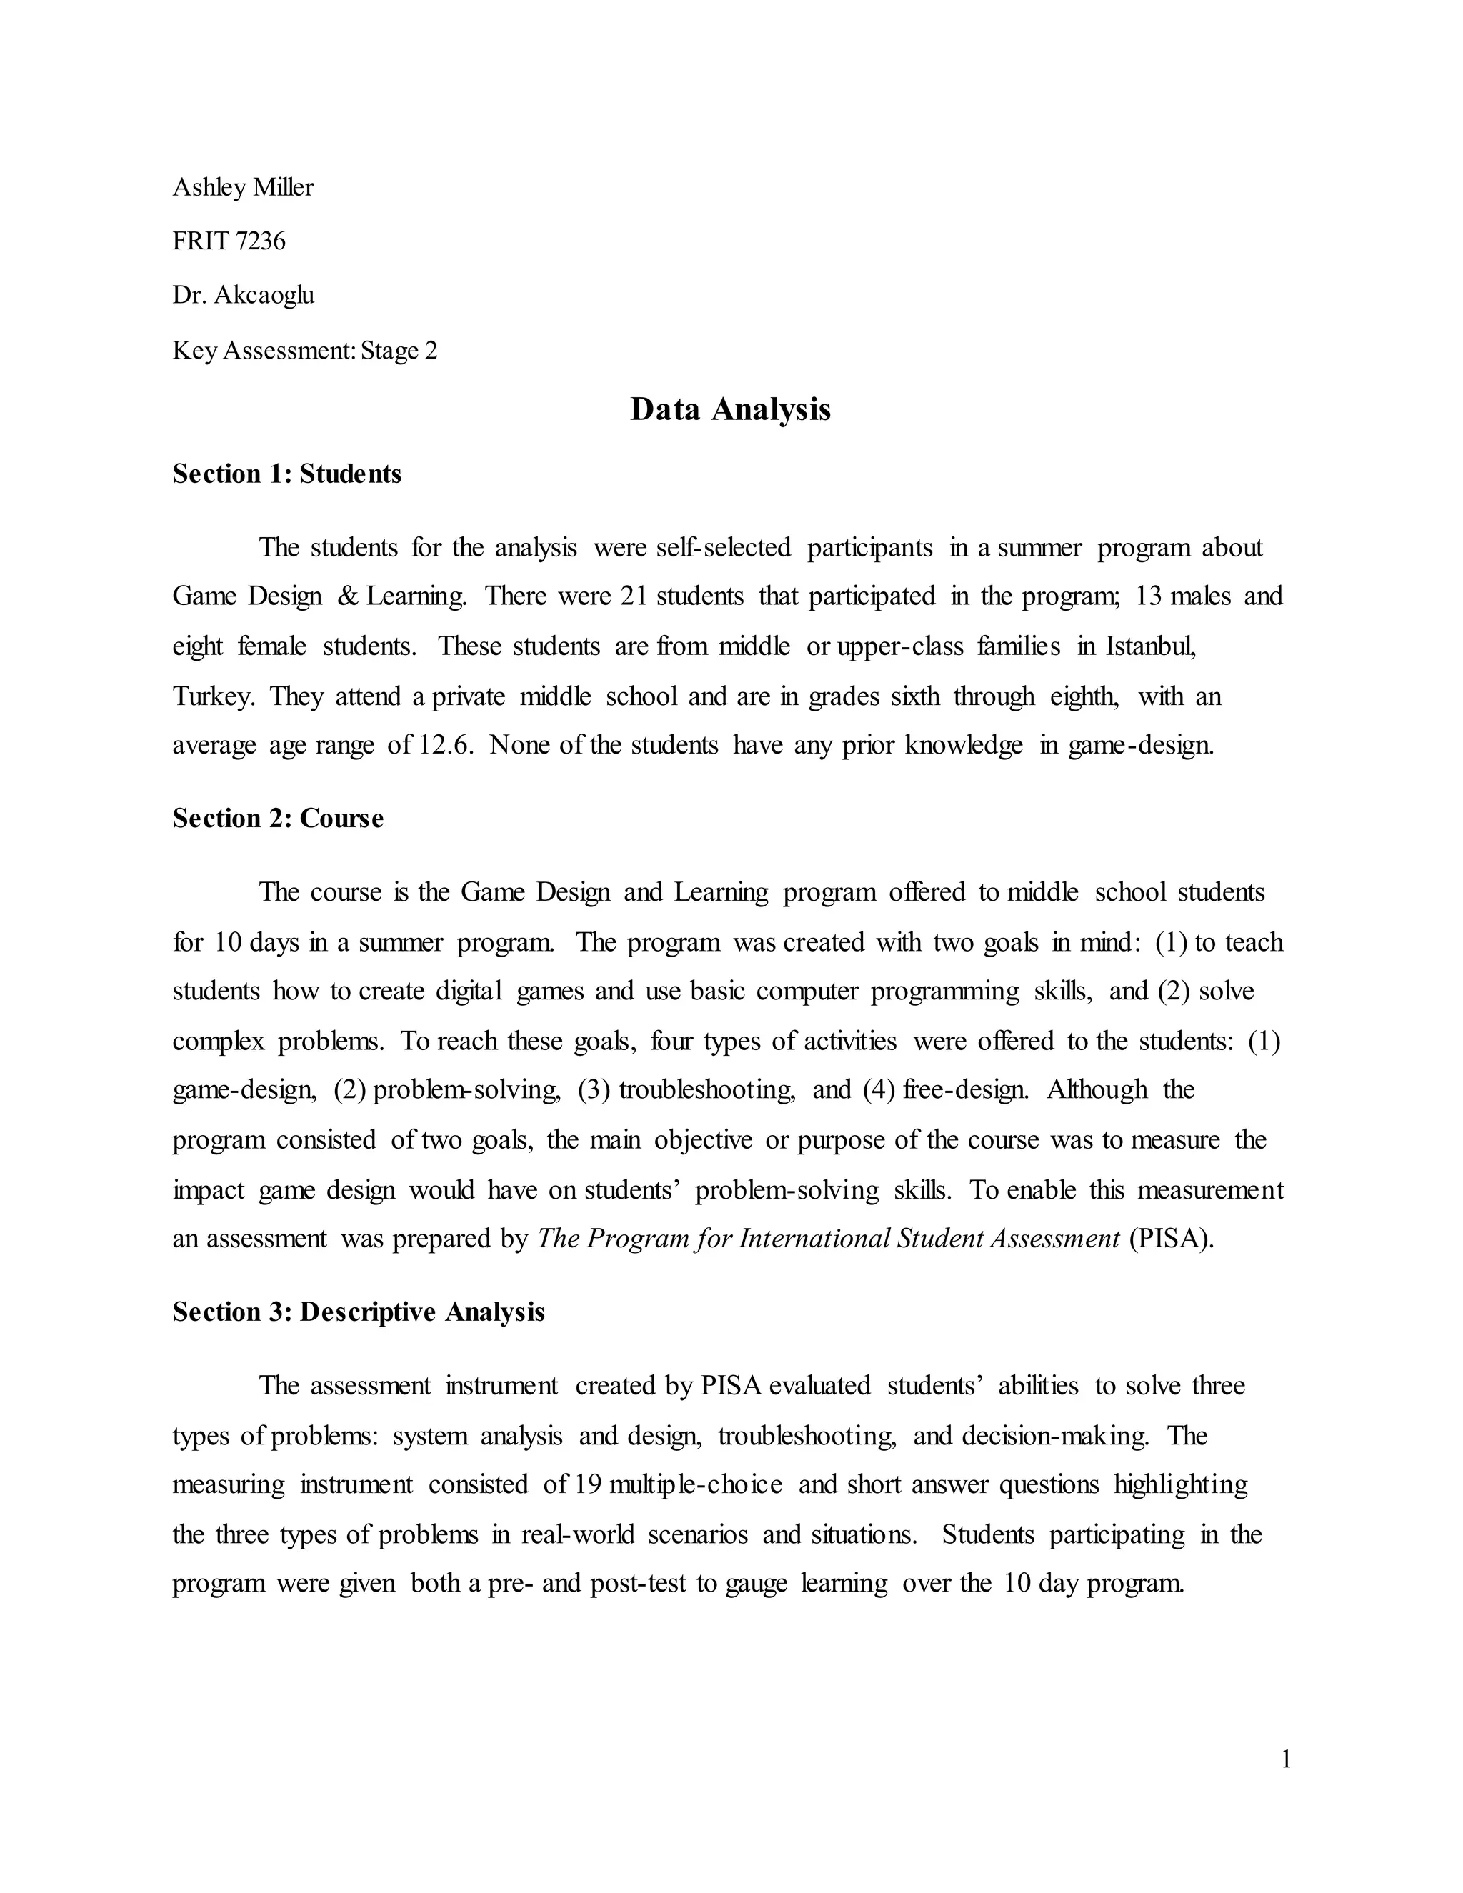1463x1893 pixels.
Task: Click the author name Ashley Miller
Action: pyautogui.click(x=243, y=187)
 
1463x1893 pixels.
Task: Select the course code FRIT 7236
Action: pyautogui.click(x=229, y=241)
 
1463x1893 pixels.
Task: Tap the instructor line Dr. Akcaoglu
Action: pyautogui.click(x=243, y=296)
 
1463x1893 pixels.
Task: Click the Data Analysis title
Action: pyautogui.click(x=730, y=409)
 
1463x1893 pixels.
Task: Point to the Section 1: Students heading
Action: pyautogui.click(x=287, y=474)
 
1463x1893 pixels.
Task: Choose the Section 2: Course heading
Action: pyautogui.click(x=277, y=818)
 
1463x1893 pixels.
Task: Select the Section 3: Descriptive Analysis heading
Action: pyautogui.click(x=358, y=1312)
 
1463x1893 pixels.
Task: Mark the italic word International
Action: pyautogui.click(x=814, y=1239)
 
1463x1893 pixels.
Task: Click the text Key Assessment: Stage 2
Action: pyautogui.click(x=305, y=351)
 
